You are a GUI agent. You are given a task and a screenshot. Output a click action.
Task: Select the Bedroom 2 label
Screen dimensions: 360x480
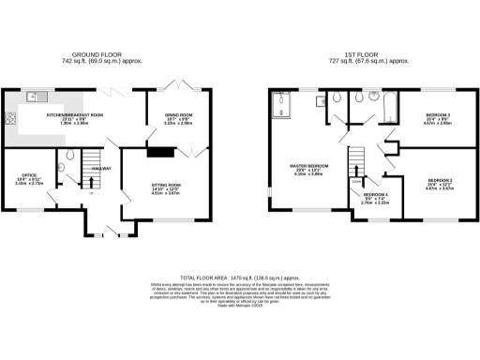tap(441, 180)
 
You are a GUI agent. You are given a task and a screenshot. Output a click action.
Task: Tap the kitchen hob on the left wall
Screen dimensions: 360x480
tap(11, 118)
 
